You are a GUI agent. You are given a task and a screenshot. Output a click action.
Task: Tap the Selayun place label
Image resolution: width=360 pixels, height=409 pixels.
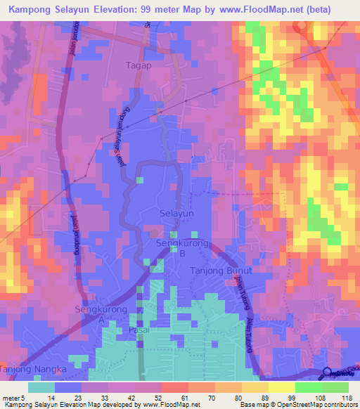click(176, 213)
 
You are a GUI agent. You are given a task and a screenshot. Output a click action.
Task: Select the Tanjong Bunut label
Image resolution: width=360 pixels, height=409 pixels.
click(220, 270)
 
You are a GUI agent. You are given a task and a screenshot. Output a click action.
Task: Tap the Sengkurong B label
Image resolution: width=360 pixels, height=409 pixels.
click(181, 248)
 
